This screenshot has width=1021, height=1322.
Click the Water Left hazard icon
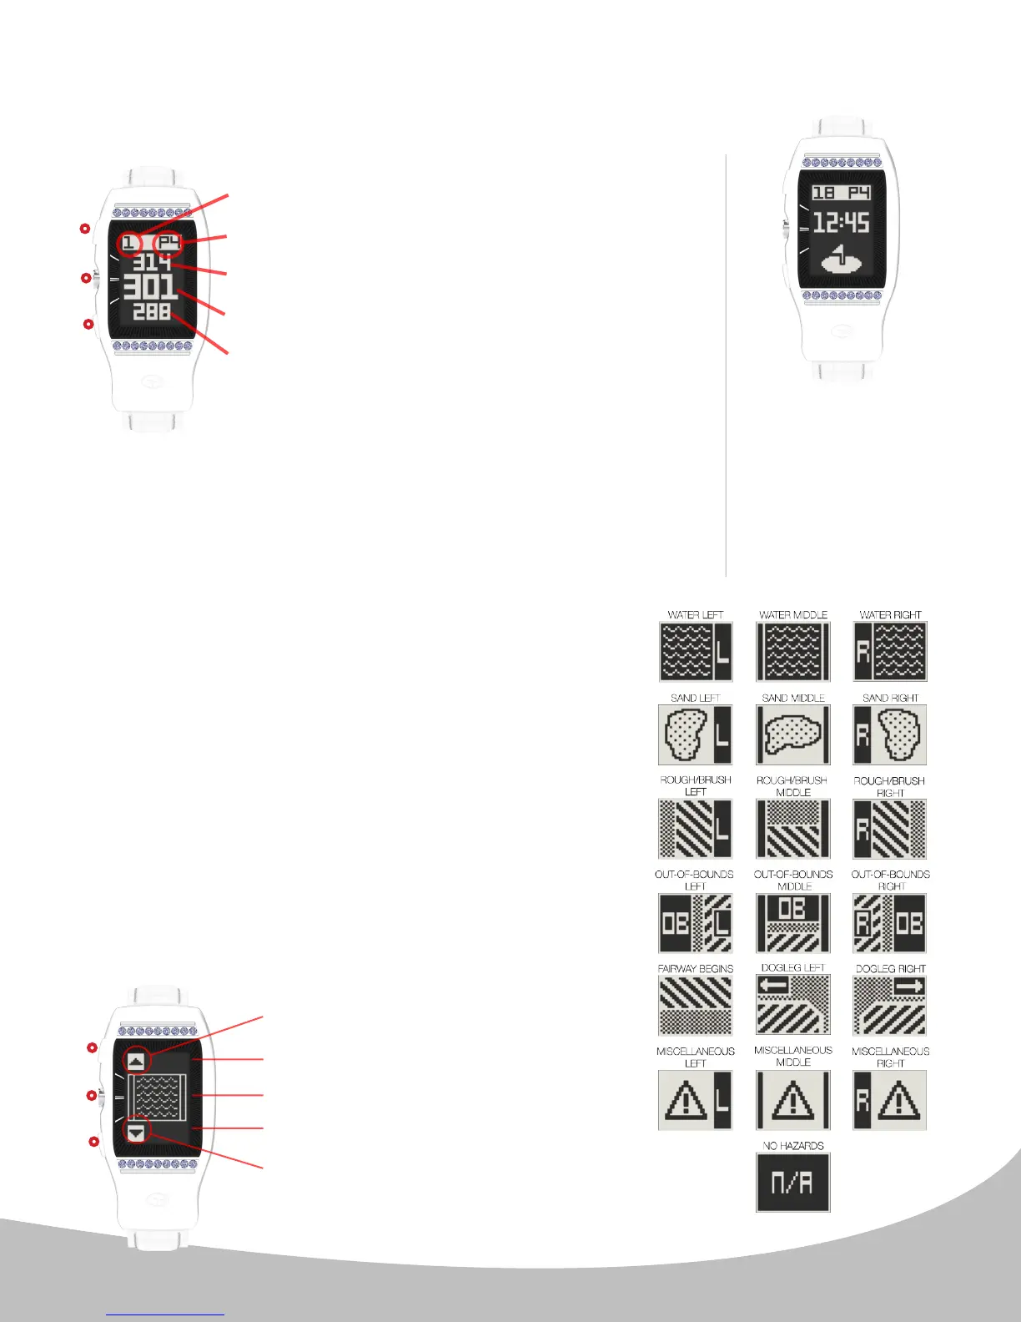[x=695, y=651]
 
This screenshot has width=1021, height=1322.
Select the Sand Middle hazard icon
[x=792, y=734]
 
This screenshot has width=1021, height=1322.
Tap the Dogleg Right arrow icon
[x=890, y=1005]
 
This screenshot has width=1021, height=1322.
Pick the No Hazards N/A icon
[x=792, y=1182]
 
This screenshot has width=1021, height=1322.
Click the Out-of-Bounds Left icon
[x=695, y=923]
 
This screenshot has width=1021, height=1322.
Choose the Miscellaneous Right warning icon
[x=890, y=1100]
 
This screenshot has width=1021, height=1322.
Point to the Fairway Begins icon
[x=695, y=1005]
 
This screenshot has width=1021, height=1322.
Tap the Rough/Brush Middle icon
[x=792, y=829]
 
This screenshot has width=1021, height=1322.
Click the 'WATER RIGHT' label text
[x=890, y=615]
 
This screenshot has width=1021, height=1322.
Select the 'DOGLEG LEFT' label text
[x=792, y=968]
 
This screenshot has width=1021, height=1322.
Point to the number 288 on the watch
[x=152, y=312]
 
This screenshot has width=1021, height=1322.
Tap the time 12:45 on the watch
[x=842, y=223]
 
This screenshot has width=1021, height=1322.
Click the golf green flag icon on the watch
[x=842, y=260]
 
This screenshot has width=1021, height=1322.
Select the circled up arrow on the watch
[x=136, y=1061]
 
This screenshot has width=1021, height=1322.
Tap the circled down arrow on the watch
[x=136, y=1132]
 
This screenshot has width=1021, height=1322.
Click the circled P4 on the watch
[x=169, y=243]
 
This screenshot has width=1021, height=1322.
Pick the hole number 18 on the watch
[x=824, y=193]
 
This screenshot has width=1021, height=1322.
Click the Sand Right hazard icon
[x=890, y=734]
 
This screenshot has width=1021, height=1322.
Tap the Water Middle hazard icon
[x=792, y=651]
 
